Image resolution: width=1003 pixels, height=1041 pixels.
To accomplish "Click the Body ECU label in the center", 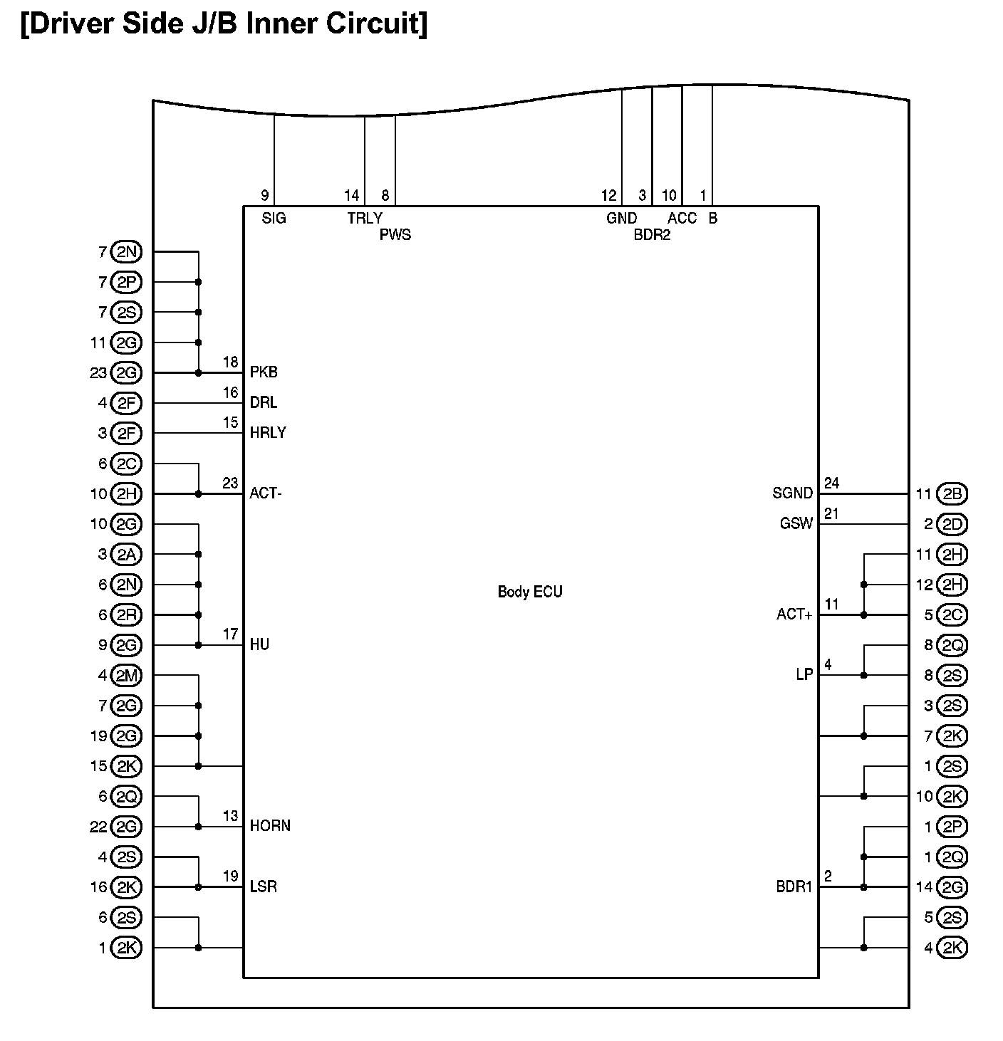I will click(x=529, y=592).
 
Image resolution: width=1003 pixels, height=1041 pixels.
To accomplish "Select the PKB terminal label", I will click(x=264, y=372).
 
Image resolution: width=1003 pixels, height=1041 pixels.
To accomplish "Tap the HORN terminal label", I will click(x=270, y=826).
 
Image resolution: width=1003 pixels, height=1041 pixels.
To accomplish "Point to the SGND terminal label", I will click(x=792, y=493).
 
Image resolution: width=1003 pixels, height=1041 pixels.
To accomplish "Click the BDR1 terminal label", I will click(x=794, y=887).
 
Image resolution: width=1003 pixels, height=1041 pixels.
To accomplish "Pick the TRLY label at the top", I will click(x=365, y=219).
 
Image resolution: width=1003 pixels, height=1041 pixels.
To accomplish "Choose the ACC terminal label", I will click(x=682, y=219).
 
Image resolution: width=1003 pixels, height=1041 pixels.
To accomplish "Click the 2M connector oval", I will click(x=127, y=675).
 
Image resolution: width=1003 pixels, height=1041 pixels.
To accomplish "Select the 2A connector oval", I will click(x=127, y=554).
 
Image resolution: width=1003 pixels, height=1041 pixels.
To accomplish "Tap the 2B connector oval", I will click(x=952, y=493).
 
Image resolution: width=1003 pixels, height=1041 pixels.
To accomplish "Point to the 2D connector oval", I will click(x=952, y=524).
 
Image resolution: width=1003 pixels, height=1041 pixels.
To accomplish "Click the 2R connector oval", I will click(x=127, y=614).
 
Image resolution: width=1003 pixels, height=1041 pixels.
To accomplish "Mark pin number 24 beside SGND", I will click(x=831, y=483).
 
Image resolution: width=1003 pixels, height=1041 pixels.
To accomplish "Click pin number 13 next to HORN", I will click(x=230, y=816).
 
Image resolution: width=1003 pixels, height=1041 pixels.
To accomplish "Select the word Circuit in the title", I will click(x=377, y=23).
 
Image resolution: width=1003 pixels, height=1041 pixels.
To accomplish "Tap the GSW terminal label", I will click(x=796, y=523).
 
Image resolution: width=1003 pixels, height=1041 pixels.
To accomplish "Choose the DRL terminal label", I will click(x=264, y=403).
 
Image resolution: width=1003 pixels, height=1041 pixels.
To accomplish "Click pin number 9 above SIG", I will click(x=264, y=195).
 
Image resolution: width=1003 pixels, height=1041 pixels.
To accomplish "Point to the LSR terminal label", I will click(x=263, y=887).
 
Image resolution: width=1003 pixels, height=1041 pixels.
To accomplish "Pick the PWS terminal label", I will click(x=395, y=235).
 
